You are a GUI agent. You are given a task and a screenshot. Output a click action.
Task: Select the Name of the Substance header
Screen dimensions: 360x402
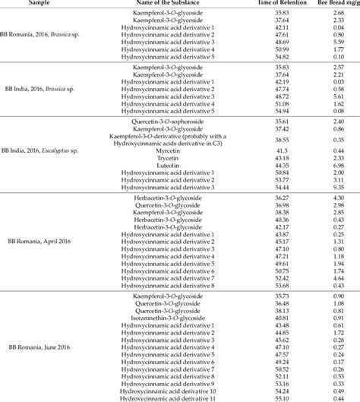tap(178, 4)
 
